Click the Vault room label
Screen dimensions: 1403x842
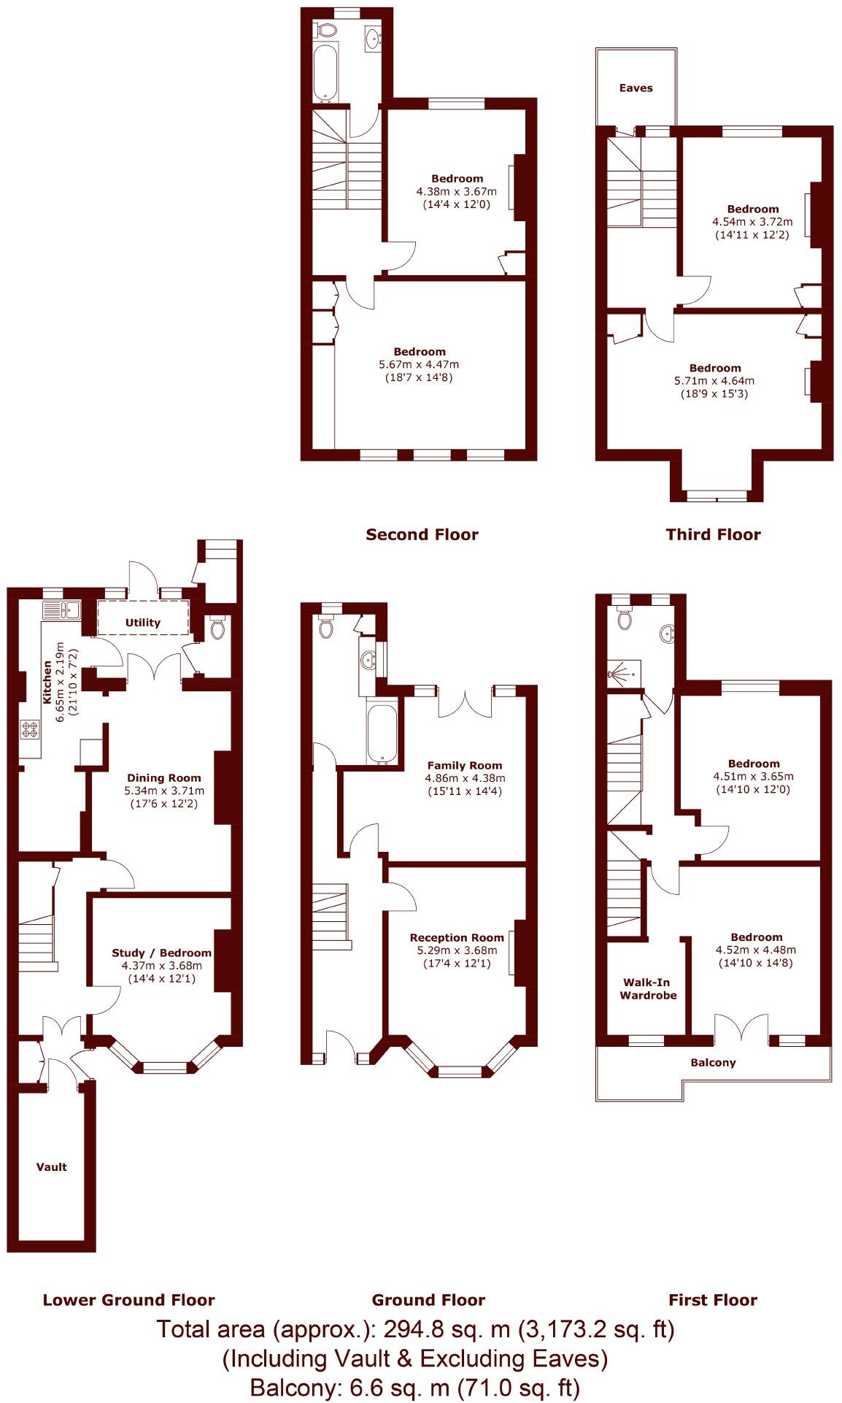[51, 1166]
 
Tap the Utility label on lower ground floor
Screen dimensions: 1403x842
[143, 623]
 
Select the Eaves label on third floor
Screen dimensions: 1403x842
[636, 88]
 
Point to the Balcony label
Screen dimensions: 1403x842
[713, 1062]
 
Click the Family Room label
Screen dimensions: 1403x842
[465, 765]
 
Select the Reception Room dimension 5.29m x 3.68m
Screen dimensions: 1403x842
[457, 950]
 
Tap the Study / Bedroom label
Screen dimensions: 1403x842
[161, 953]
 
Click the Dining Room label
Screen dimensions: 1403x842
[164, 777]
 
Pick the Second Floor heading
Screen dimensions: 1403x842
[422, 534]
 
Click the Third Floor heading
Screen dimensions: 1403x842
[713, 534]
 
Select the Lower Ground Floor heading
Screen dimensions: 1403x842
[128, 1300]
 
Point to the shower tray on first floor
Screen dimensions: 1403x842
[624, 673]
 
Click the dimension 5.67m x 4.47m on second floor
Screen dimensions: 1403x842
[419, 364]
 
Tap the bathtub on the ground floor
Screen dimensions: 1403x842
[382, 733]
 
